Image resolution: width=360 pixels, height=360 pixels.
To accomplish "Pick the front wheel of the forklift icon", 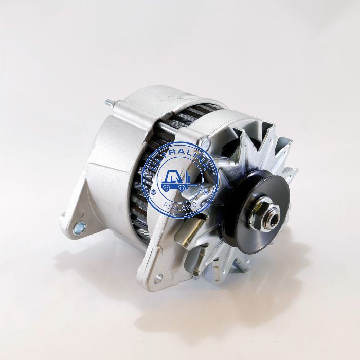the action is [x=182, y=188].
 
